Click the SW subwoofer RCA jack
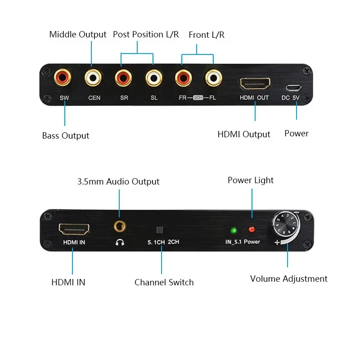[62, 78]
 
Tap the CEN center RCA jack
[93, 78]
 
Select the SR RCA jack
[122, 78]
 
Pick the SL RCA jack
[153, 78]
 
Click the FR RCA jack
[183, 78]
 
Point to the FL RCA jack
[213, 78]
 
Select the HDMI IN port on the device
[74, 229]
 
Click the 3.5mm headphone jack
[119, 226]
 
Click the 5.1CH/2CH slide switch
[159, 230]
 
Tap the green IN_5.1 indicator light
[234, 230]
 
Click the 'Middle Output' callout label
[78, 34]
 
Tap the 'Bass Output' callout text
[66, 135]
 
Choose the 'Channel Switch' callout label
[164, 283]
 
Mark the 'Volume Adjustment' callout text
[288, 279]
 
